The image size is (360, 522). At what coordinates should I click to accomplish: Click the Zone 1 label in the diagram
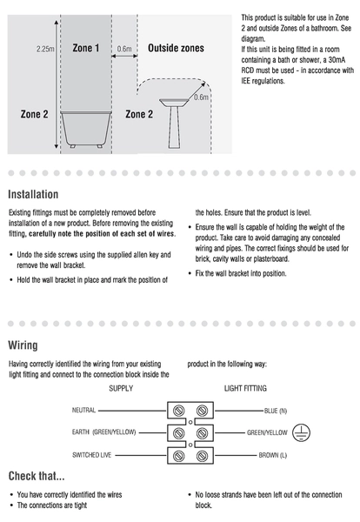[86, 48]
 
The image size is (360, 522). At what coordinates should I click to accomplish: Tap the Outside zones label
[176, 48]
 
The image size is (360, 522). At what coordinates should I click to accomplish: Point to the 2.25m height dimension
[45, 49]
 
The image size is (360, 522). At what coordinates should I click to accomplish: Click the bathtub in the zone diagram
[86, 129]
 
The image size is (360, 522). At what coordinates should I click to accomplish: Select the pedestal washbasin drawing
[174, 124]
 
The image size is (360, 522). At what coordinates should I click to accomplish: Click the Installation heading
[33, 194]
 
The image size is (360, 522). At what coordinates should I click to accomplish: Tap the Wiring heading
[23, 345]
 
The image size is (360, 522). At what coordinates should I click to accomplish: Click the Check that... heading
[37, 476]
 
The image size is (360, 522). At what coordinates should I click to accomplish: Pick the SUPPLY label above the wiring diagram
[121, 389]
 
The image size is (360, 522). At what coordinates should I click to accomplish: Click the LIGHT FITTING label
[245, 389]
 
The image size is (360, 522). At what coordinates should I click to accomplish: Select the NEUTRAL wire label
[83, 410]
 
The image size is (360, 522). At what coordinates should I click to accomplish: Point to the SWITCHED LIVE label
[91, 455]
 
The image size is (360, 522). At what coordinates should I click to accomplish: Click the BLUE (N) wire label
[276, 411]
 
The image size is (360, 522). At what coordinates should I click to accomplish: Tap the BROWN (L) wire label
[273, 455]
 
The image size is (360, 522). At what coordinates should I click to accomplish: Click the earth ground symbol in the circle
[301, 432]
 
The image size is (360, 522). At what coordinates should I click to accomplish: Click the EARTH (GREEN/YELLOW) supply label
[103, 432]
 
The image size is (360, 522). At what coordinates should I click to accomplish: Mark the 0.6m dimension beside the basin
[201, 97]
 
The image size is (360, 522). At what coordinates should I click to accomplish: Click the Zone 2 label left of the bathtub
[34, 114]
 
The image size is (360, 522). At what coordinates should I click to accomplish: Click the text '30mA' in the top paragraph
[337, 60]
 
